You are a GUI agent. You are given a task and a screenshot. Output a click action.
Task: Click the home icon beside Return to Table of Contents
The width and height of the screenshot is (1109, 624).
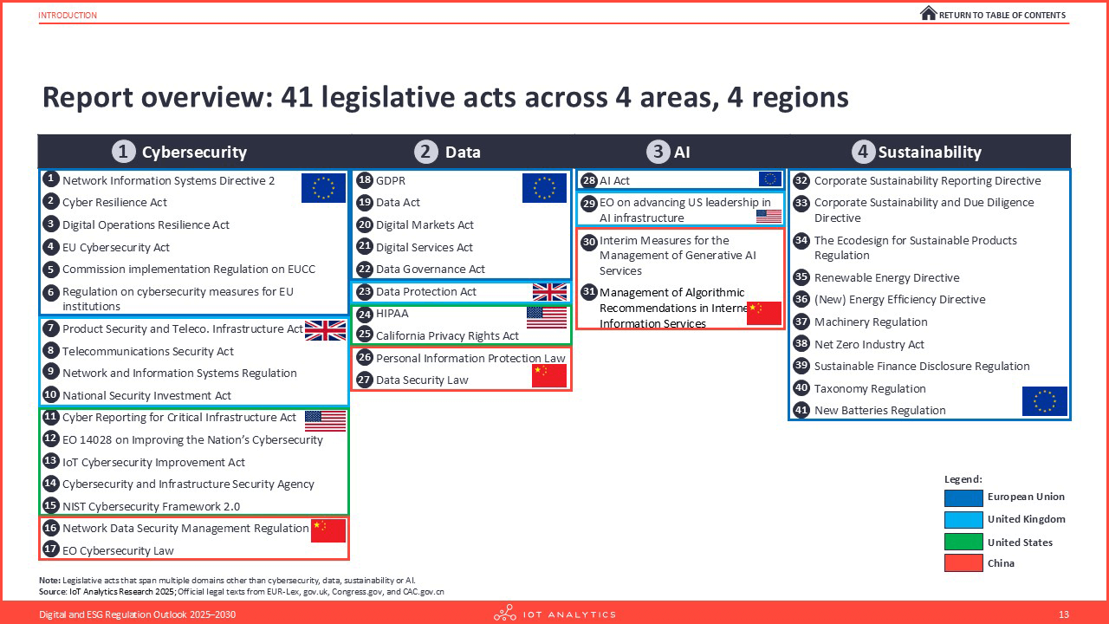[928, 13]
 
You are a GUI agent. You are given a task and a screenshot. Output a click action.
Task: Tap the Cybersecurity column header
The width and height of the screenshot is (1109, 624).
[179, 152]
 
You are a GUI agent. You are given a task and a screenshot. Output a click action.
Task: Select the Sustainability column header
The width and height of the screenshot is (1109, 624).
[917, 152]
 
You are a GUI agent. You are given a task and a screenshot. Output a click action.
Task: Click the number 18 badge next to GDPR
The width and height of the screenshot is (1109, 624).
[365, 179]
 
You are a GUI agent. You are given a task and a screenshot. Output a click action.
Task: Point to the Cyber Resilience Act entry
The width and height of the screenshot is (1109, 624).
[114, 202]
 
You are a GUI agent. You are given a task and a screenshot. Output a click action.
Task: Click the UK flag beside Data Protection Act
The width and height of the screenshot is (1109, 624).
[549, 292]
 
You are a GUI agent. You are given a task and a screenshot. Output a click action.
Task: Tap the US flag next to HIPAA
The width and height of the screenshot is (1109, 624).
[547, 317]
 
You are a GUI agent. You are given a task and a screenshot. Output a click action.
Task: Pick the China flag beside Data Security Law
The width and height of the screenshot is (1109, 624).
[549, 376]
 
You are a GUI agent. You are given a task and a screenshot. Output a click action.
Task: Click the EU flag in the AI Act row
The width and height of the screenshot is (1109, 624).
[770, 179]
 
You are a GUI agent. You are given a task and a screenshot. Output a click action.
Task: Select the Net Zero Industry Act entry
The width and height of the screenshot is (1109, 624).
[869, 344]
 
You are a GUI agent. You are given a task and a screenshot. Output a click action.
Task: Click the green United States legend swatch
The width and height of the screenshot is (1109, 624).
[963, 542]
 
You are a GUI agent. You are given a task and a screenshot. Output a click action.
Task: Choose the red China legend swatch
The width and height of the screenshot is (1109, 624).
[963, 563]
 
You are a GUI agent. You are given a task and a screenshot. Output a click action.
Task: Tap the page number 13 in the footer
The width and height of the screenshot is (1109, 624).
[1064, 614]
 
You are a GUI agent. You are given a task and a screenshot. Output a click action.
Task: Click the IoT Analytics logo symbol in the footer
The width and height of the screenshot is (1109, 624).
[505, 613]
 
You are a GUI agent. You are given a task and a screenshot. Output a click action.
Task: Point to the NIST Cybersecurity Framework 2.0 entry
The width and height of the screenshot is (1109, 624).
[151, 506]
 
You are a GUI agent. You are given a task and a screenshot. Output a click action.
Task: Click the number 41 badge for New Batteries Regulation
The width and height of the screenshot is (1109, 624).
[801, 410]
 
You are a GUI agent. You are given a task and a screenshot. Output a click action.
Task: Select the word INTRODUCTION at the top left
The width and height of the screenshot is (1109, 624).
[68, 16]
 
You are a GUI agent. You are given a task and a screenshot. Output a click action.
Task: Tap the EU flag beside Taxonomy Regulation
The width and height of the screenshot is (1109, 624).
[1045, 401]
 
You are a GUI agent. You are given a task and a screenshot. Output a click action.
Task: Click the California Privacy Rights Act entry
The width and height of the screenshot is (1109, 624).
[447, 335]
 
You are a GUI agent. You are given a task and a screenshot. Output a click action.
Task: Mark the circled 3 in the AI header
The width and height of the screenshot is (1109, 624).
[658, 152]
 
